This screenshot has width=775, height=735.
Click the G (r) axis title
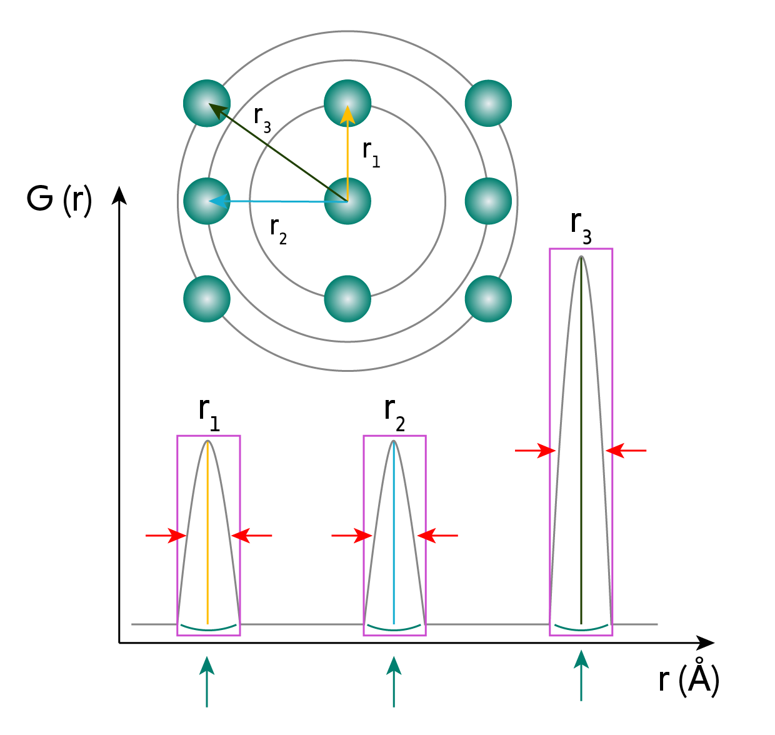coord(59,201)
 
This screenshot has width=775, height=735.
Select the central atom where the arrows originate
coord(347,201)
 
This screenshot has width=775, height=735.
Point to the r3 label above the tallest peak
coord(581,227)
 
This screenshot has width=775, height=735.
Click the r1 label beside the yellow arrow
coord(371,154)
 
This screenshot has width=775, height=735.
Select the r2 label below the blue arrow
coord(278,231)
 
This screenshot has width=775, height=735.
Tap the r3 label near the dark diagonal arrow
coord(262,119)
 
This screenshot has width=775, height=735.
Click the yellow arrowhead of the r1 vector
coord(347,116)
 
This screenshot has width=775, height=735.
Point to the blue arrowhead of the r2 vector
coord(219,201)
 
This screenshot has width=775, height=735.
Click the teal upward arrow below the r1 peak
coord(207,681)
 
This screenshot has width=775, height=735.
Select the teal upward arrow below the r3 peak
coord(581,676)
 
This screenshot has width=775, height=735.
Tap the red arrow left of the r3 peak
coord(535,450)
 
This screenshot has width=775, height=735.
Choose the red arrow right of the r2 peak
coord(437,536)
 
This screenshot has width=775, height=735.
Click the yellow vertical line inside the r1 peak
coord(207,532)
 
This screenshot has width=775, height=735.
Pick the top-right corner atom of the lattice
coord(488,103)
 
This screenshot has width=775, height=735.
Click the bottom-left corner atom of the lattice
coord(207,299)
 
